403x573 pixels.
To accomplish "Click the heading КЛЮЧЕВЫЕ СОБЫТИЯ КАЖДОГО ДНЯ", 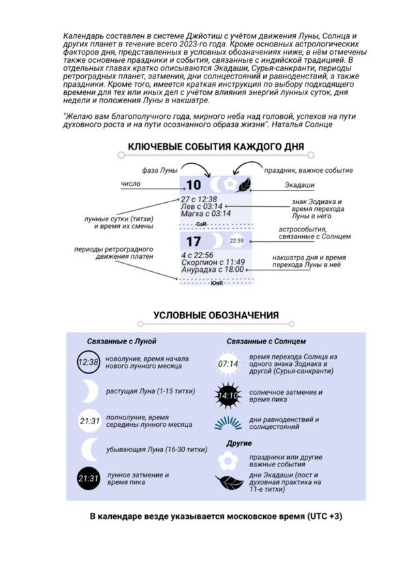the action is tap(216, 147).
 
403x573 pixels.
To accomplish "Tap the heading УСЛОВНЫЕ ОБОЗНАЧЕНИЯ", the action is tap(216, 316).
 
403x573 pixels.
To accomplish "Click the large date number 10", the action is tap(193, 185).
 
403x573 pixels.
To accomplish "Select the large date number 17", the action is tap(193, 242).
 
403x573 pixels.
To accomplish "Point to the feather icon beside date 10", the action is tap(243, 185).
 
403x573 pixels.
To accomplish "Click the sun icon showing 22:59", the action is tap(237, 241).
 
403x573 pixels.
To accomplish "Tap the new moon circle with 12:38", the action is tap(88, 362).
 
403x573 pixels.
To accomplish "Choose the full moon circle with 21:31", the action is tap(89, 421).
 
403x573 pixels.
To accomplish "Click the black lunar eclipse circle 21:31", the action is tap(89, 478).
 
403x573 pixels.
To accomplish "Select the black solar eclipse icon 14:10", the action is tap(228, 395).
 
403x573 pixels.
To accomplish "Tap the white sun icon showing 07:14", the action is tap(228, 364).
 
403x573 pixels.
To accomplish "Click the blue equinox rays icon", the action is tap(228, 423).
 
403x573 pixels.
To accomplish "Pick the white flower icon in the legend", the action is tap(228, 460).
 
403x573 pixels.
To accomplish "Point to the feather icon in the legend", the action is tap(229, 483).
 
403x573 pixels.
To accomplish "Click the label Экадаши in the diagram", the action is tap(299, 185).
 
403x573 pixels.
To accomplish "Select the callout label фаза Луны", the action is tap(160, 170).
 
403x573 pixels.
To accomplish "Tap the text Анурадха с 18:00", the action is tap(212, 270).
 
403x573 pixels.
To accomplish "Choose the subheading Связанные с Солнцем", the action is tap(266, 341).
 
